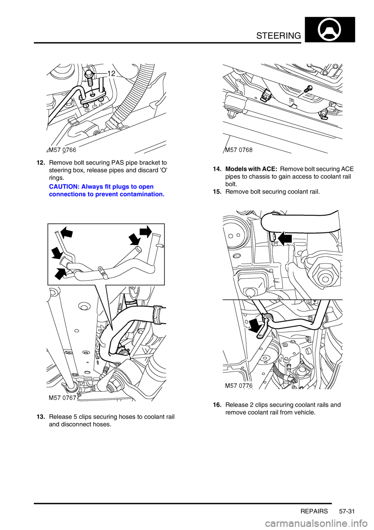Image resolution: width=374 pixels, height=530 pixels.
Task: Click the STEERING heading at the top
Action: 279,36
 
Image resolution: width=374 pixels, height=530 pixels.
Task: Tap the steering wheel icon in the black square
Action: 330,30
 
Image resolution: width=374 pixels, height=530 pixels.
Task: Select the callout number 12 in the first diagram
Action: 112,74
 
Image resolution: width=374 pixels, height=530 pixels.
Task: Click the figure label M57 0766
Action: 62,150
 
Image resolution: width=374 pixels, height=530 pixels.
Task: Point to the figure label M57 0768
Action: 238,150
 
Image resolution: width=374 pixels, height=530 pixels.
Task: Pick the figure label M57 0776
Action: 239,386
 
